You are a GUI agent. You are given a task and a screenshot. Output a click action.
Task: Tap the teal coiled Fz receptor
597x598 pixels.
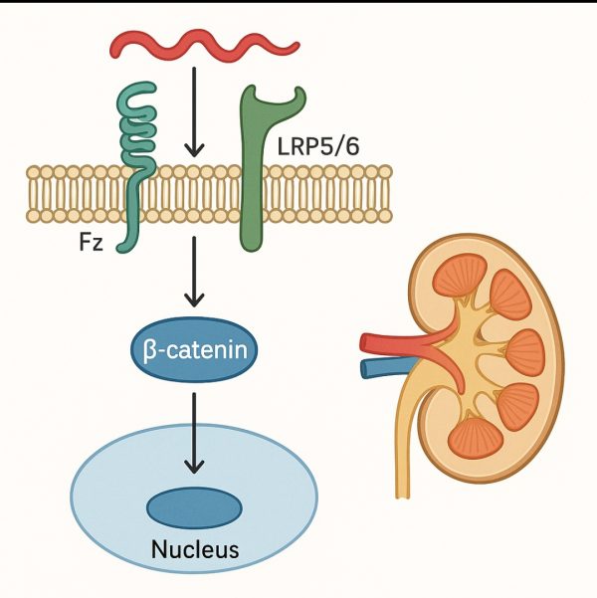pyautogui.click(x=137, y=129)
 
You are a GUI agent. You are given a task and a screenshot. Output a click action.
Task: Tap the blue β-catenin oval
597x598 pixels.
pyautogui.click(x=195, y=350)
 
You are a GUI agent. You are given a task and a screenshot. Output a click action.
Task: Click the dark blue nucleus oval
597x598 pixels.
pyautogui.click(x=194, y=508)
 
